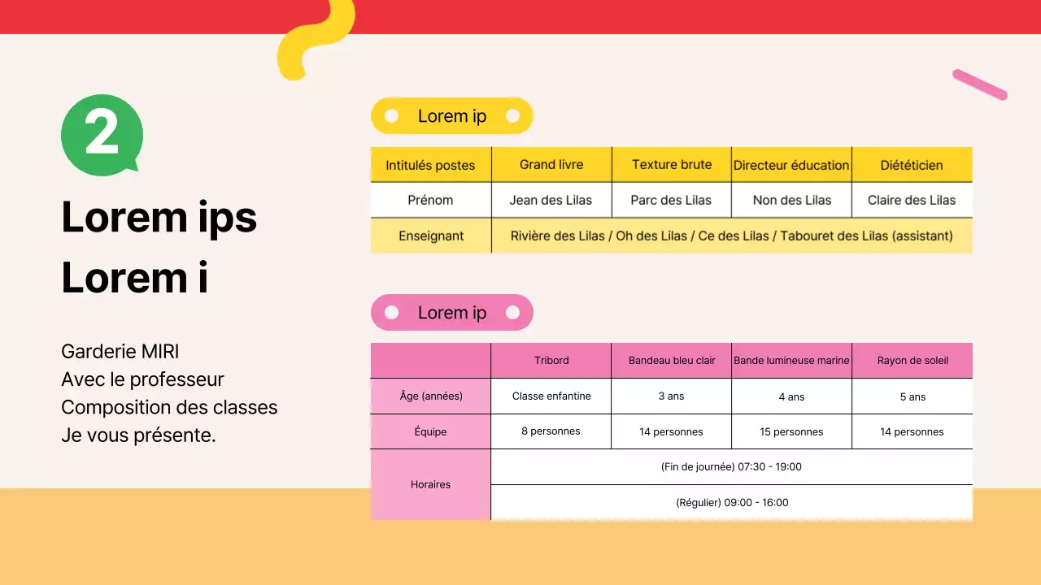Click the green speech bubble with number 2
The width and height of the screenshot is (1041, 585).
click(102, 135)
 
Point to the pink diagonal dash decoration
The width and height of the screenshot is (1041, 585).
click(980, 84)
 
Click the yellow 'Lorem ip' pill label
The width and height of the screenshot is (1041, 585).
click(452, 116)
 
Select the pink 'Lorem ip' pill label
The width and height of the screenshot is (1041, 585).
click(452, 313)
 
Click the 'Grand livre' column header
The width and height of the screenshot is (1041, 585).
click(551, 165)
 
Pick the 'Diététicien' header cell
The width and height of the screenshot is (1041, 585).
click(912, 165)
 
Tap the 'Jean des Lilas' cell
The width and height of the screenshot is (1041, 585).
click(551, 200)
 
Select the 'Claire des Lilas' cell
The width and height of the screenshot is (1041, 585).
click(912, 200)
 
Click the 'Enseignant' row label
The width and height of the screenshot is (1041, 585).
click(431, 236)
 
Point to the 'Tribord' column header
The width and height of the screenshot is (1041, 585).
click(551, 360)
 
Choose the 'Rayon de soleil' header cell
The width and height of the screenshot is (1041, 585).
click(913, 360)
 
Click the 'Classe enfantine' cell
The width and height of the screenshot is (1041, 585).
click(551, 396)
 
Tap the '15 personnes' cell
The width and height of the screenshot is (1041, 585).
click(791, 431)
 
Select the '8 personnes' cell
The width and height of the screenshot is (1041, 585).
click(551, 431)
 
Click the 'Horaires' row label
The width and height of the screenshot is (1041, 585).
click(431, 484)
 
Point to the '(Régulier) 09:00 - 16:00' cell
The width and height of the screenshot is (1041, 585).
click(732, 502)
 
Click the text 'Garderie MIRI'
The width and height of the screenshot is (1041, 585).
click(120, 352)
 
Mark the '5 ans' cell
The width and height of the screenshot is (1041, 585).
click(913, 396)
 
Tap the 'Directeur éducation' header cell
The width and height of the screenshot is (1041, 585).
click(791, 165)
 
